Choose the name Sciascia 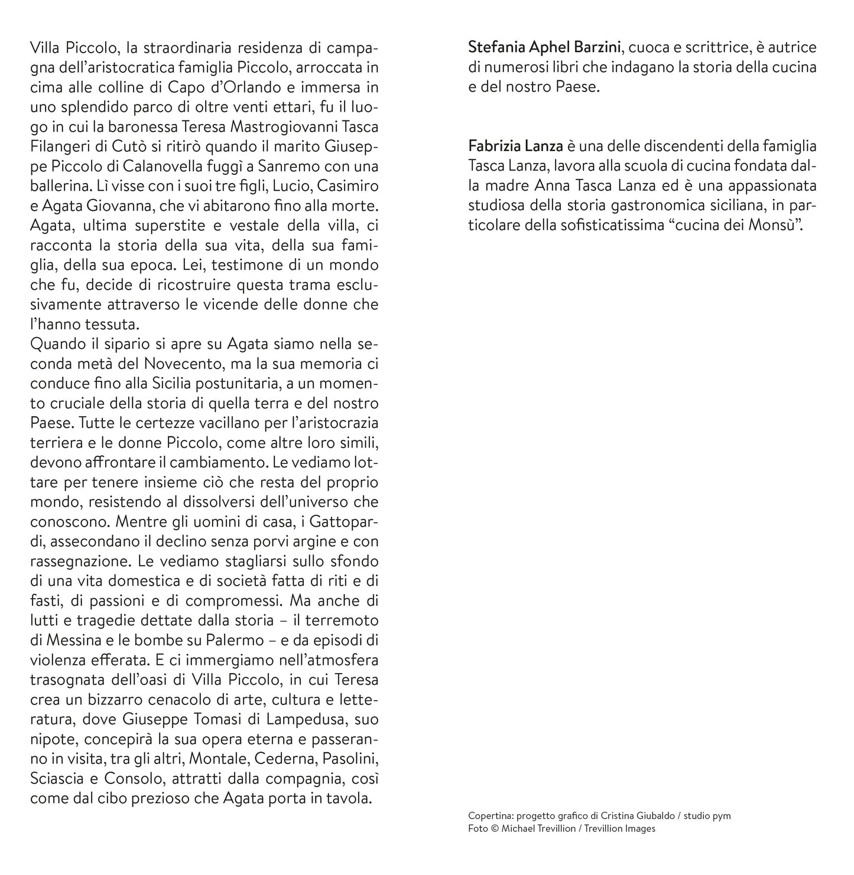point(57,779)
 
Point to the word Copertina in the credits point(489,816)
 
